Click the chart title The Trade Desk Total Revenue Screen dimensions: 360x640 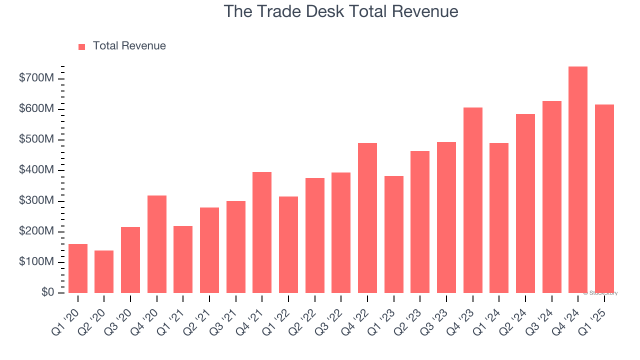(340, 11)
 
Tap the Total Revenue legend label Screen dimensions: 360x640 (129, 46)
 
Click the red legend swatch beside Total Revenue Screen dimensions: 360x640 (82, 46)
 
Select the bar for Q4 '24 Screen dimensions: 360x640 (578, 179)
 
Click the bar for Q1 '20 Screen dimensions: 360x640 (78, 268)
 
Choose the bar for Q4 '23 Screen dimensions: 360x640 (472, 200)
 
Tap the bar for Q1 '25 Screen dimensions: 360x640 (604, 198)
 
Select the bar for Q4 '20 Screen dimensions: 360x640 (157, 244)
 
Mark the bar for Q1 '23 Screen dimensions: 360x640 (393, 234)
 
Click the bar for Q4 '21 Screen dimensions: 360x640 (262, 232)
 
